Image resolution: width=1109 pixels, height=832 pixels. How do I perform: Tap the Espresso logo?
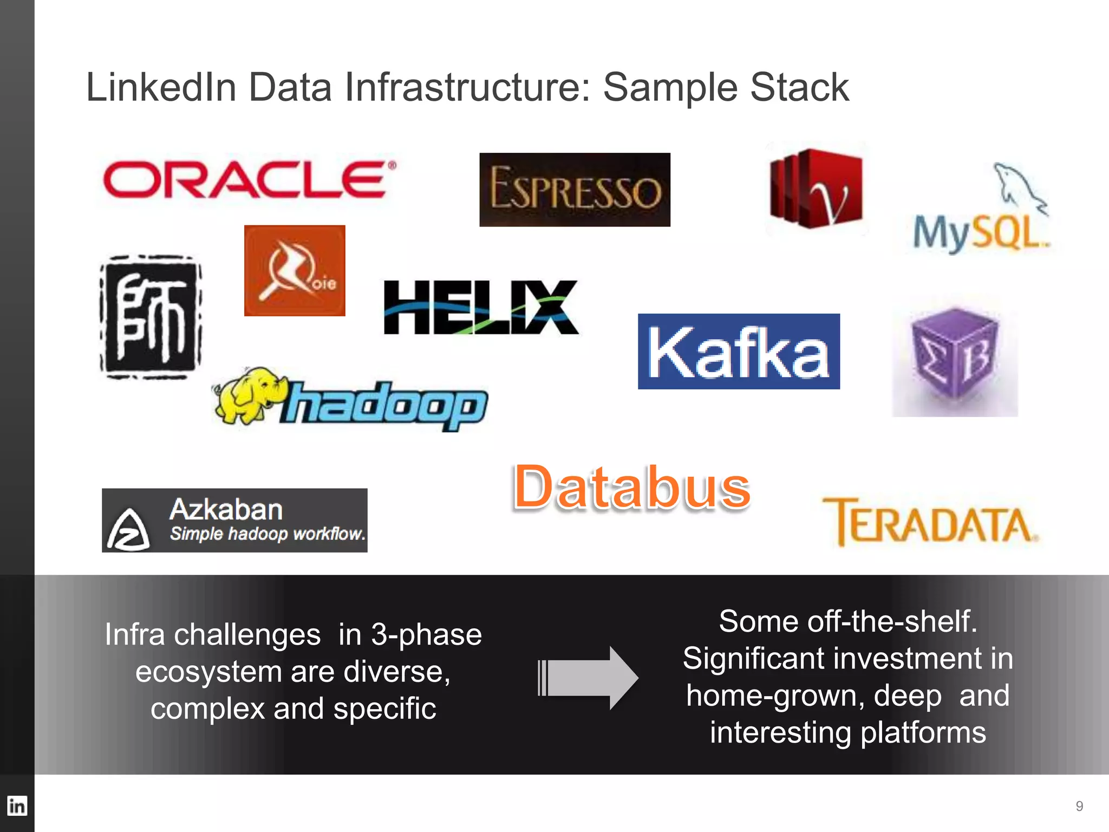575,190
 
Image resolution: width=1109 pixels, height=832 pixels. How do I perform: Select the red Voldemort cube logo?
816,188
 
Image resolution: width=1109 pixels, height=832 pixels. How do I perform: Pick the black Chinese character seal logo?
151,317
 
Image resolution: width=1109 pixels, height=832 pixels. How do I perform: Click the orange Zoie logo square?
295,270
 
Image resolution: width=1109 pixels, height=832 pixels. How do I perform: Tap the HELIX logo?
480,307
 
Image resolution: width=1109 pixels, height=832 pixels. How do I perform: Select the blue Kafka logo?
739,352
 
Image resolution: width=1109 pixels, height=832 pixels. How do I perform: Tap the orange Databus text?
631,487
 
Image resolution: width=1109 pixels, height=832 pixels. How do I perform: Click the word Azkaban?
226,510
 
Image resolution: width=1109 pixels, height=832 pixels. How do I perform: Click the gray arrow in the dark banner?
589,678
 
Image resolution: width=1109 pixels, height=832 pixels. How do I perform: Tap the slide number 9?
1079,806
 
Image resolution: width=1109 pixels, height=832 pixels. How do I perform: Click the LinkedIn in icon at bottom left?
17,805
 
